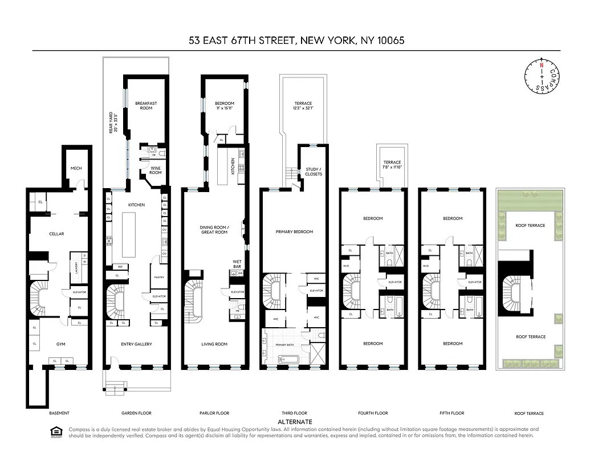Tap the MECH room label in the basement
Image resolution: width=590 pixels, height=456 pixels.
coord(76,168)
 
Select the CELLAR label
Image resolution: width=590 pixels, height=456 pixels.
coord(56,234)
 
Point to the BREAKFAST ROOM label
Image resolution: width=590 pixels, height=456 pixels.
coord(146,105)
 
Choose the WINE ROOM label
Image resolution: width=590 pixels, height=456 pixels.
coord(155,170)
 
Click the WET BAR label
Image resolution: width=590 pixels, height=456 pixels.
coord(237,264)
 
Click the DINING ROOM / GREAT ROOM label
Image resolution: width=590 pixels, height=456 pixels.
coord(214,230)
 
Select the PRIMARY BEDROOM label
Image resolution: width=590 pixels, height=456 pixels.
coord(294,232)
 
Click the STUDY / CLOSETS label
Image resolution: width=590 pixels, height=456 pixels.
coord(314,171)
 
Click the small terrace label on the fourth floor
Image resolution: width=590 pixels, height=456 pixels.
coord(392,164)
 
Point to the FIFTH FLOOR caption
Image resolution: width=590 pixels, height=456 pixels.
coord(452,413)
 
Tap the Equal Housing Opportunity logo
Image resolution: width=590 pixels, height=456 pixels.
coord(56,432)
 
